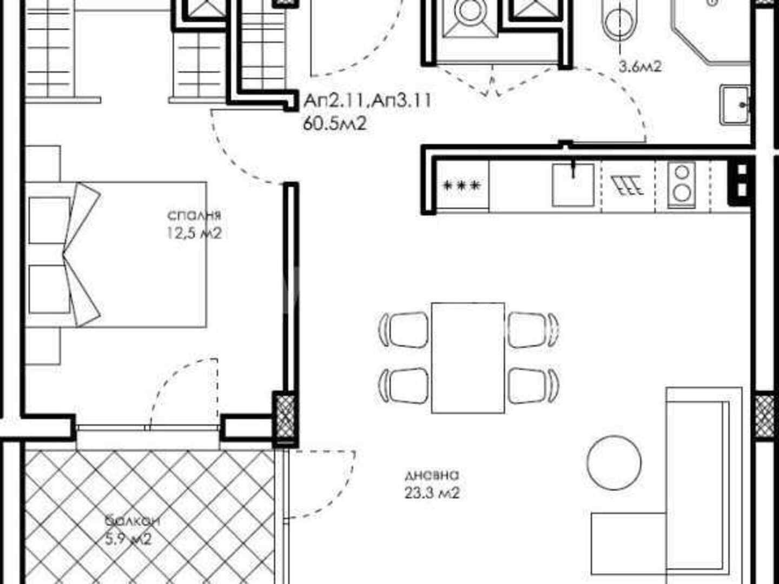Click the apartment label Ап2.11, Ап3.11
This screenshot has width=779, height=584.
tap(368, 101)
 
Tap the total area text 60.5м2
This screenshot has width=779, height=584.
tap(334, 124)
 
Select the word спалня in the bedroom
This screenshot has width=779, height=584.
tap(194, 215)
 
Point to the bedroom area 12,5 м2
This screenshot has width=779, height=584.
tap(195, 233)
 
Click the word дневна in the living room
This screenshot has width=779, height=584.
tap(432, 475)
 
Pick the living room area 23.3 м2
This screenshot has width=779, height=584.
tap(432, 493)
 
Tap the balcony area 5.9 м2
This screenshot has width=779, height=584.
tap(128, 540)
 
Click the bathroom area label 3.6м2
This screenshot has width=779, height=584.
tap(640, 67)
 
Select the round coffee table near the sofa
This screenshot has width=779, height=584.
tap(614, 462)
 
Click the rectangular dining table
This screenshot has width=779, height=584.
tap(468, 358)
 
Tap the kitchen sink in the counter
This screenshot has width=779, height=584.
tap(573, 184)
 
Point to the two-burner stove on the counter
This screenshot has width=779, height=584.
tap(682, 185)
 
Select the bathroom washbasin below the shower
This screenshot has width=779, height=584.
tap(735, 104)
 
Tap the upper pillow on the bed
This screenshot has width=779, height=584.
tap(49, 220)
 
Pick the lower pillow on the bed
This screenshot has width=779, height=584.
tap(49, 289)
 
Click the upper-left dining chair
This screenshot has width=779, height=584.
tap(405, 329)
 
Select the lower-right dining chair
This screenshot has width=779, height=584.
tap(532, 386)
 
